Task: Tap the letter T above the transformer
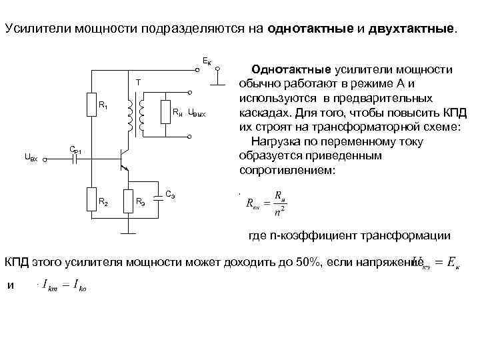coord(138,83)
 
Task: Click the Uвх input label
coord(31,157)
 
